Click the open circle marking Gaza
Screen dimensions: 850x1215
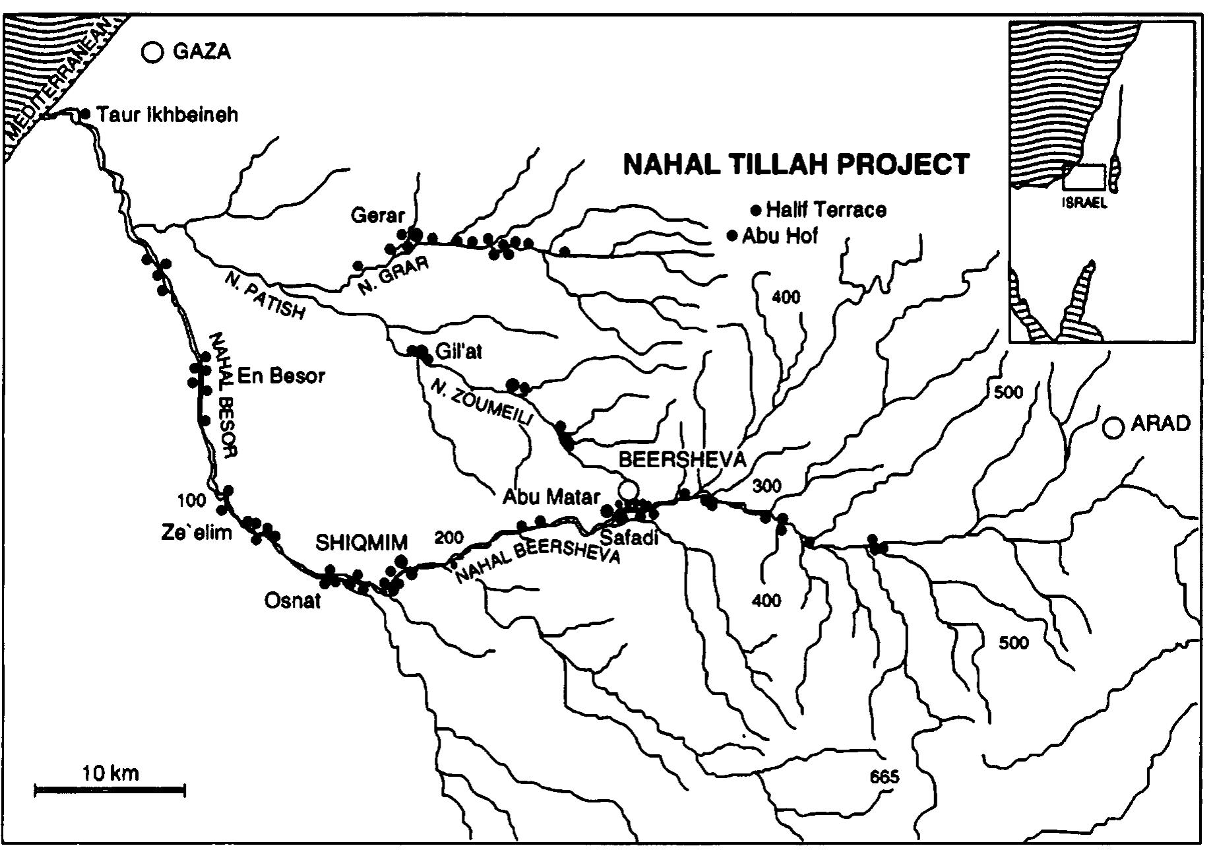point(153,52)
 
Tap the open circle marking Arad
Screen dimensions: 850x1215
point(1114,428)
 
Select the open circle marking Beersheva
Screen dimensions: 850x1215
point(628,490)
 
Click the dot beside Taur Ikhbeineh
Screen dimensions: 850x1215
point(85,114)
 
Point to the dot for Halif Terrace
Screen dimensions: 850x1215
point(756,211)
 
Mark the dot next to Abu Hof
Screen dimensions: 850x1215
point(732,236)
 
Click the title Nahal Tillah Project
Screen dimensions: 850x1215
point(796,164)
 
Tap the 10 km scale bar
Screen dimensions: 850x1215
point(109,789)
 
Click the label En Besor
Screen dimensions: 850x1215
point(281,376)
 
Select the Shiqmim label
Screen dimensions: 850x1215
point(361,542)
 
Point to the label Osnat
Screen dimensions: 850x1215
point(292,601)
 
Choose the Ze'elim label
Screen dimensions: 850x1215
point(197,532)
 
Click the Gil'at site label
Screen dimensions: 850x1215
point(459,352)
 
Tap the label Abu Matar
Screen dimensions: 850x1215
point(551,496)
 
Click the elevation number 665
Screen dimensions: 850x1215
point(884,777)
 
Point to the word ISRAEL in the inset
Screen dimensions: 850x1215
point(1084,203)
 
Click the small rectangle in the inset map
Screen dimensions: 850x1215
point(1085,178)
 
